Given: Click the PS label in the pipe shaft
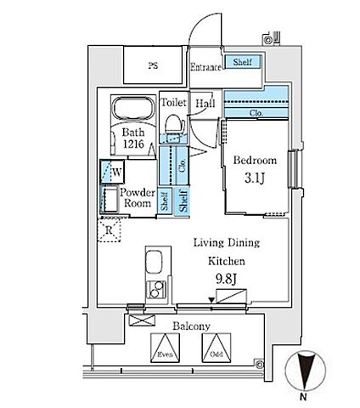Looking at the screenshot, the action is click(153, 66).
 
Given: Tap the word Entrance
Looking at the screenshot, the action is click(205, 67).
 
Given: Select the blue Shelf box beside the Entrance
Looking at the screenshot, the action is click(242, 61).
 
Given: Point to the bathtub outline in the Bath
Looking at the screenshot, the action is click(134, 110).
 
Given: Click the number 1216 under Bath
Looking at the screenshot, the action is click(133, 144).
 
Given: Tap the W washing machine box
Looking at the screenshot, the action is click(112, 172).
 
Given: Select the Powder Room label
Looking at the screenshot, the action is click(138, 198).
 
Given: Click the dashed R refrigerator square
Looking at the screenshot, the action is click(109, 230).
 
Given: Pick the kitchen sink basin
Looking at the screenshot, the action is click(155, 262).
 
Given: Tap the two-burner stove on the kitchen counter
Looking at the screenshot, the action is click(155, 289).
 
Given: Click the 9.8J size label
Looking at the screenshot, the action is click(226, 280).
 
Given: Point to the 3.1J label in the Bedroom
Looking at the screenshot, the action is click(255, 178).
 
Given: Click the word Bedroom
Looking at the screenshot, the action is click(255, 161).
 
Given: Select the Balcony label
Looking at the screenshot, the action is click(191, 326).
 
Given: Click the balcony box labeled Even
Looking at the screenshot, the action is click(165, 348).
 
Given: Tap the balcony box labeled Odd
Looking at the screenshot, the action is click(217, 348).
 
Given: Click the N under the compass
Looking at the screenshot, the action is click(304, 397).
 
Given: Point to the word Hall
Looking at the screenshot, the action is click(205, 103).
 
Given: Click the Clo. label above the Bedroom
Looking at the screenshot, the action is click(256, 113).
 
